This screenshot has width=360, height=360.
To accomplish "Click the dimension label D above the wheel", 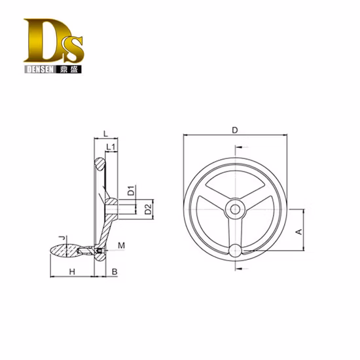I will coord(234,130).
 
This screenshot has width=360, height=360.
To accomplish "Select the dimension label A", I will coord(298,231).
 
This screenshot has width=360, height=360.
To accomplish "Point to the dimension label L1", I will coord(111,147).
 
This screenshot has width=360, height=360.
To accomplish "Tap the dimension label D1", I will coord(131,192).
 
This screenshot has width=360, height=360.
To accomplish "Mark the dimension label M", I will coord(121,245).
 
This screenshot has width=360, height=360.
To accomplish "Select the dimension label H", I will coord(72,271).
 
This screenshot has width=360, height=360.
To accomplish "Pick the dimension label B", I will coord(114,271).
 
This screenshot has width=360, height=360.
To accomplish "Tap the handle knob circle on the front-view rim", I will coord(234,249).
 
